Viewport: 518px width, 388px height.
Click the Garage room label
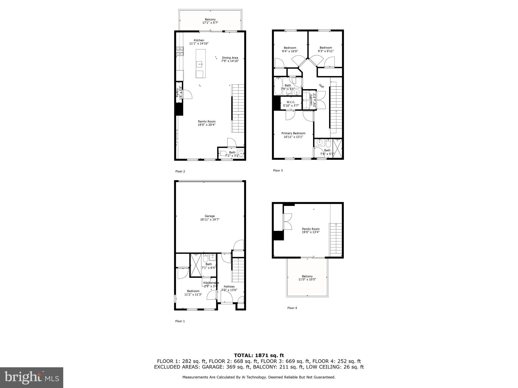[x=210, y=218]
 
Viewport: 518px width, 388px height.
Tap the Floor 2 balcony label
[x=210, y=21]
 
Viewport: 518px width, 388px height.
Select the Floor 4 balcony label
[x=307, y=278]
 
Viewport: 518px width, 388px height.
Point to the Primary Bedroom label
[x=293, y=135]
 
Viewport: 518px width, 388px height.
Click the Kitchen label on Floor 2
[x=199, y=42]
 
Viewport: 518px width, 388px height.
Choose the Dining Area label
[x=230, y=59]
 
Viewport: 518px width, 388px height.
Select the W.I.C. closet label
[x=291, y=104]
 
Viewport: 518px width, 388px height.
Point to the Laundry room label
[x=313, y=100]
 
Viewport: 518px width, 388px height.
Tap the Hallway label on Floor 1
[x=229, y=288]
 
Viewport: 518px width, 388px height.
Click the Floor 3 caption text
[x=278, y=171]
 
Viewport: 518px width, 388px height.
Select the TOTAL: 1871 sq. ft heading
[x=259, y=355]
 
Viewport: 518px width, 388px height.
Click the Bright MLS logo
[x=32, y=377]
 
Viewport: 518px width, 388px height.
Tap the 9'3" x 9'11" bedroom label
[x=326, y=49]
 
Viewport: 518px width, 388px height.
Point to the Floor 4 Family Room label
[x=311, y=230]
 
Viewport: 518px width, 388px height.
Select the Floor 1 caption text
[x=180, y=321]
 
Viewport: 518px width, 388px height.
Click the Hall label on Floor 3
[x=321, y=86]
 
